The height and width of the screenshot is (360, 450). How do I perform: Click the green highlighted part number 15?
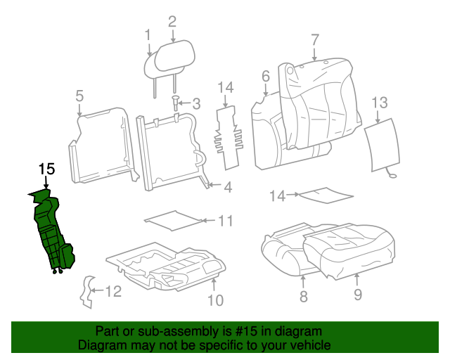point(51,232)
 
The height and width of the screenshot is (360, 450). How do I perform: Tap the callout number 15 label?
point(46,169)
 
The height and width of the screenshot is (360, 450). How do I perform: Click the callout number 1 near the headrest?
point(148,34)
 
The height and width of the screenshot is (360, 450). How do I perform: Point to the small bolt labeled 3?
point(175,105)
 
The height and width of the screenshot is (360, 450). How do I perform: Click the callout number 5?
point(79,96)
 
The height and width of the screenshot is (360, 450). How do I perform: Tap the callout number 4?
point(228,187)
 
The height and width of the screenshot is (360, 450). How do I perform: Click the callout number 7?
point(314,39)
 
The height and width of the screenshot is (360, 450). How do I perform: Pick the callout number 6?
point(266,76)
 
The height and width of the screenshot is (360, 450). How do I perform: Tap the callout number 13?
point(379,103)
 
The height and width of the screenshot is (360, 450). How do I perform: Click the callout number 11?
point(224,221)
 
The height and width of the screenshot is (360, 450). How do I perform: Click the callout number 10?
point(215,301)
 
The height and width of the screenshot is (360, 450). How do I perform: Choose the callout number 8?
point(304,297)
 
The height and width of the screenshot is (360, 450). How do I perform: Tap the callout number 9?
point(357,295)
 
